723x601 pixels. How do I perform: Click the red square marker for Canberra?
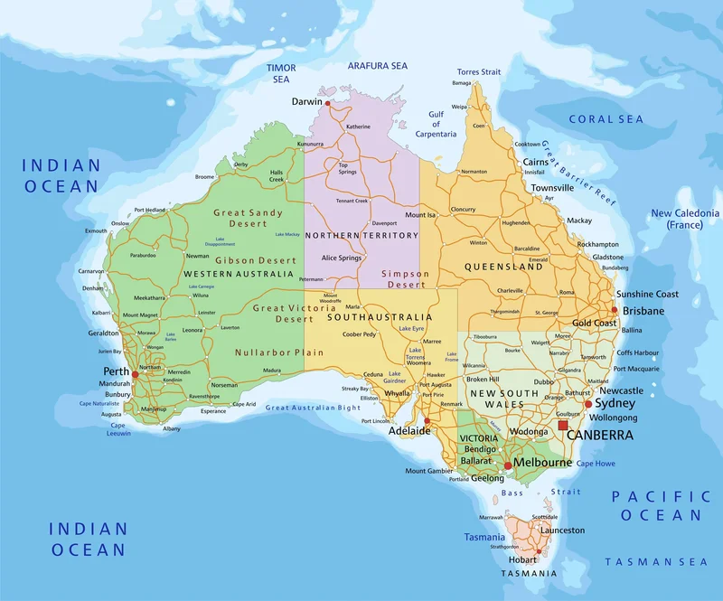point(564,425)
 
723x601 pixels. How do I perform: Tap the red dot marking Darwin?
point(328,103)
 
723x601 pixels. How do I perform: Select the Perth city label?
point(116,371)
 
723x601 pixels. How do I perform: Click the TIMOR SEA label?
point(281,73)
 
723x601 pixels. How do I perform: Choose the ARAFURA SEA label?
point(378,66)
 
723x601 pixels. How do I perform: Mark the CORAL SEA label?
point(606,119)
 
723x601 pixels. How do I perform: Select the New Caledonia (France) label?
point(685,219)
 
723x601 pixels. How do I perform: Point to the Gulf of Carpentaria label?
point(436,124)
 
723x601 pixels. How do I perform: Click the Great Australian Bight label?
point(313,408)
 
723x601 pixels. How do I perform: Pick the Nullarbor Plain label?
point(267,352)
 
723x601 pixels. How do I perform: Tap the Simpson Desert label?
point(405,278)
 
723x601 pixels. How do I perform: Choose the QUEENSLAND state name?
point(503,268)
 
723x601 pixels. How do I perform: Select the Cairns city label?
point(535,162)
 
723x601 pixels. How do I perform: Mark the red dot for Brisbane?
point(615,310)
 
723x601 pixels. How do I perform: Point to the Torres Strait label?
point(478,71)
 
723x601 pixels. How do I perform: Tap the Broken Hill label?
point(483,380)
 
